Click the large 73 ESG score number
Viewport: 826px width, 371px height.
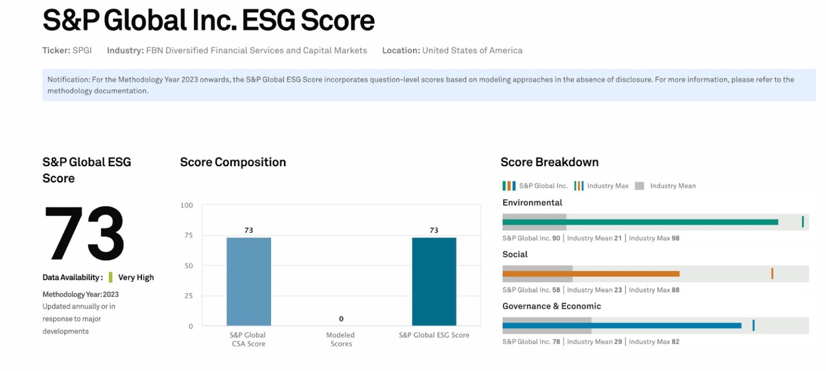pos(84,233)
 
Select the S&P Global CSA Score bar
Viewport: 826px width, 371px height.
pos(248,281)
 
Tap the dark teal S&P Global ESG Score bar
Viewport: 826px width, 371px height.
pos(434,281)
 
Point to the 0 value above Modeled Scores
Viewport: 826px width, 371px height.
pos(341,319)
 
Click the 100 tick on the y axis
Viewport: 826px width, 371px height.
pos(187,205)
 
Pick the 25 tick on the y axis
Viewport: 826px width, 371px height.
pos(188,296)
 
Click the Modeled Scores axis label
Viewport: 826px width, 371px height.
pos(340,339)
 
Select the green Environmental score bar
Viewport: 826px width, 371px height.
pos(640,222)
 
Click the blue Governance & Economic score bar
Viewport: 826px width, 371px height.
pos(622,325)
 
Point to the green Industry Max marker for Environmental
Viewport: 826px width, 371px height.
pos(802,222)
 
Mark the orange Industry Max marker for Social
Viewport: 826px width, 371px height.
pos(772,273)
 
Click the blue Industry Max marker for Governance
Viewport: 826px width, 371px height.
pos(753,325)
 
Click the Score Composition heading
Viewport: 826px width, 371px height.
pos(233,162)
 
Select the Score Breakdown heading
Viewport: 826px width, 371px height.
pos(549,162)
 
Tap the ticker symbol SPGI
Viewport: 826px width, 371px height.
pos(82,51)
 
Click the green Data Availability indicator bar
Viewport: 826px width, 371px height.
pos(110,277)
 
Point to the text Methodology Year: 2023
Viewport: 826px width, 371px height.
pos(81,295)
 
